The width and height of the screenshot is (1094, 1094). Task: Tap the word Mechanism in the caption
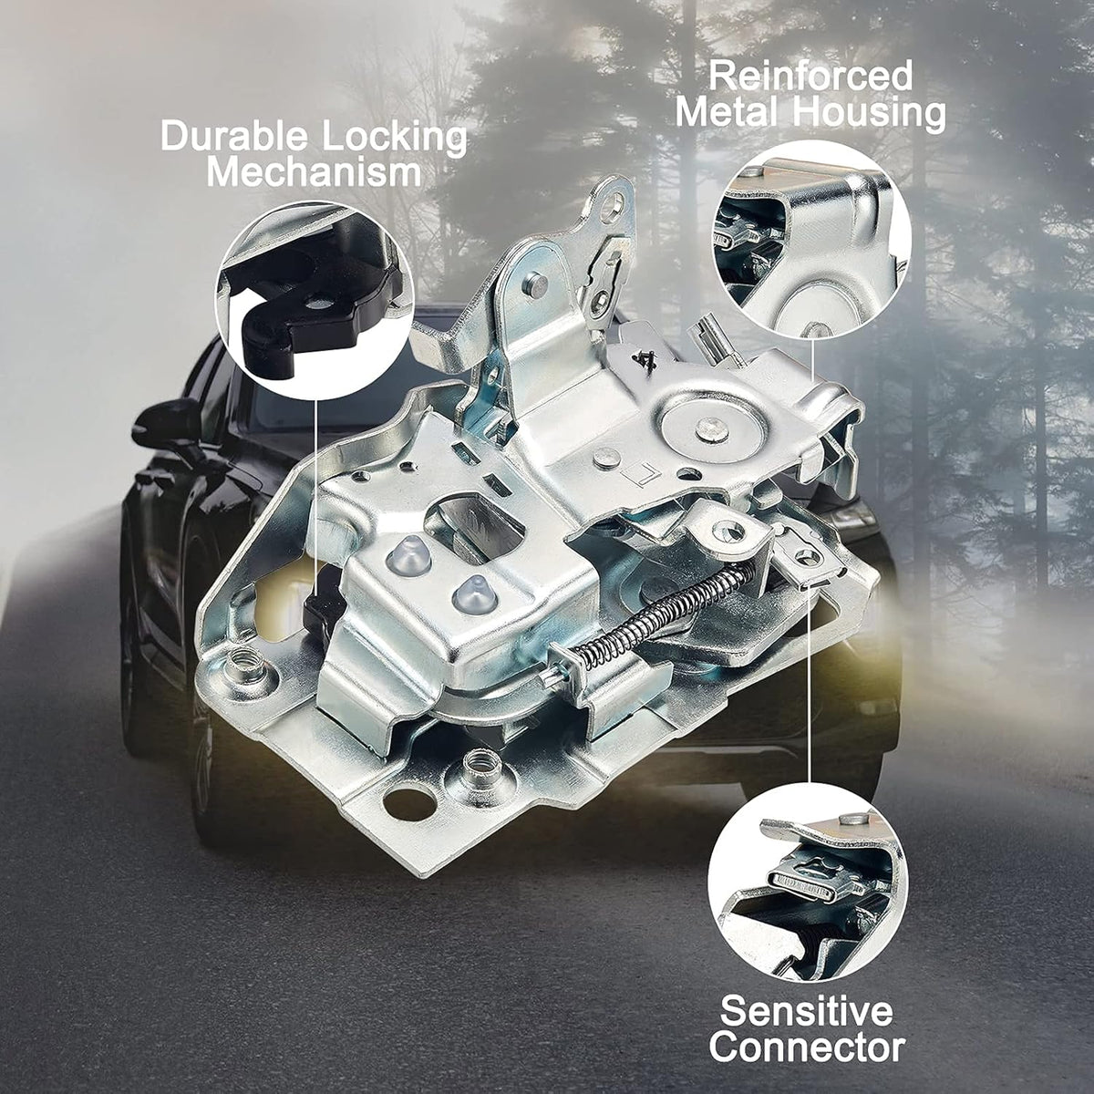tap(314, 172)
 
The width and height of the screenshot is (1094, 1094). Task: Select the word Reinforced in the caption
tap(810, 77)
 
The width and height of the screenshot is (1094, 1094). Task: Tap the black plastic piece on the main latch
tap(324, 610)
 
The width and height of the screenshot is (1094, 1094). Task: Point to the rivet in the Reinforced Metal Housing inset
tap(816, 330)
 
